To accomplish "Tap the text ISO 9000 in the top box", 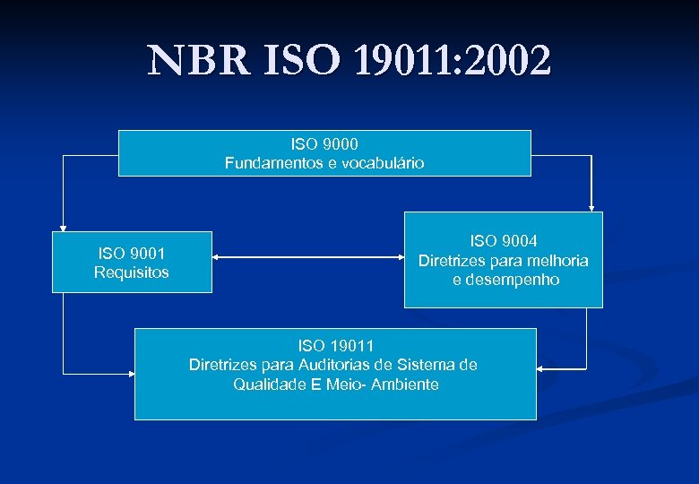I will tap(324, 143).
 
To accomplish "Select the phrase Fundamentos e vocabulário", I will tap(324, 163).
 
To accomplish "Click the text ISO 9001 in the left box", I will tap(131, 254).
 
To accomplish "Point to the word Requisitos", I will tap(131, 272).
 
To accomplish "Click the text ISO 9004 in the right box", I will tap(504, 240).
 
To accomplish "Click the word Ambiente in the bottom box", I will tap(405, 385).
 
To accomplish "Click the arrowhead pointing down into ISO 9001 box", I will tap(63, 229).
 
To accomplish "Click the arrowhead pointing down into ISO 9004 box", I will tap(591, 207).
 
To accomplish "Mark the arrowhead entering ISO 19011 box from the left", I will tap(129, 371).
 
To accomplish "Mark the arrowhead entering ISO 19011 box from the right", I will tap(541, 368).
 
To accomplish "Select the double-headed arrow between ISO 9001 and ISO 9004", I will tap(308, 258).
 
